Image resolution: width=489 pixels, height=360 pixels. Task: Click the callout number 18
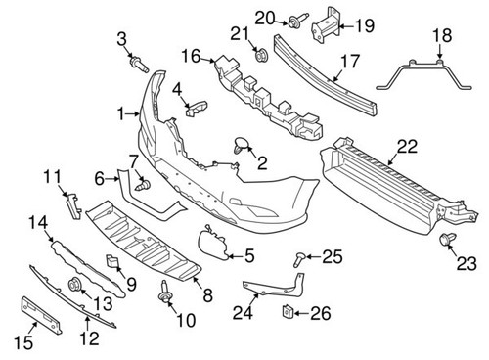(442, 36)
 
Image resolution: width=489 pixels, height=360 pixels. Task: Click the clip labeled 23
(450, 241)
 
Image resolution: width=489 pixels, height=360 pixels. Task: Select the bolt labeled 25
(298, 258)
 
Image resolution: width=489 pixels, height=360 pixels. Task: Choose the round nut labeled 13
(74, 287)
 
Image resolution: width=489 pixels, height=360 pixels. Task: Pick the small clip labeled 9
(112, 261)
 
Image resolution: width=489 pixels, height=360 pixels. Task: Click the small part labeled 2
(241, 147)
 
